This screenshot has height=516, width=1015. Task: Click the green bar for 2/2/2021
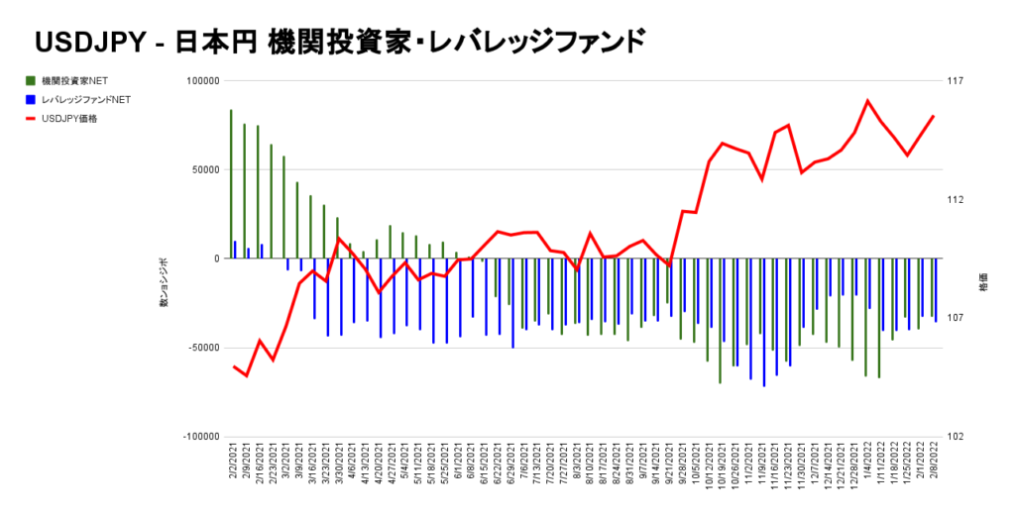[x=231, y=183]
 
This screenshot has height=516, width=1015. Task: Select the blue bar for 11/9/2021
[x=763, y=322]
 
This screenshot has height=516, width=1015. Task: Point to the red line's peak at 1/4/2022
[x=867, y=101]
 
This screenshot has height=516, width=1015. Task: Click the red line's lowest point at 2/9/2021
[x=246, y=376]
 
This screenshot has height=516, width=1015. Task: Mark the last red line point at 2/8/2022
[x=934, y=116]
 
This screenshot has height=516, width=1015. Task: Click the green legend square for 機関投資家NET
[x=32, y=80]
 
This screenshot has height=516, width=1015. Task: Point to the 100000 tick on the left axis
[x=199, y=81]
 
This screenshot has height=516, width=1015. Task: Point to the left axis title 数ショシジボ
[x=164, y=282]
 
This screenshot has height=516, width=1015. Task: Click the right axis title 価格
[x=983, y=281]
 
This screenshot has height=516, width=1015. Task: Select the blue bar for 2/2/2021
[x=235, y=249]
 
